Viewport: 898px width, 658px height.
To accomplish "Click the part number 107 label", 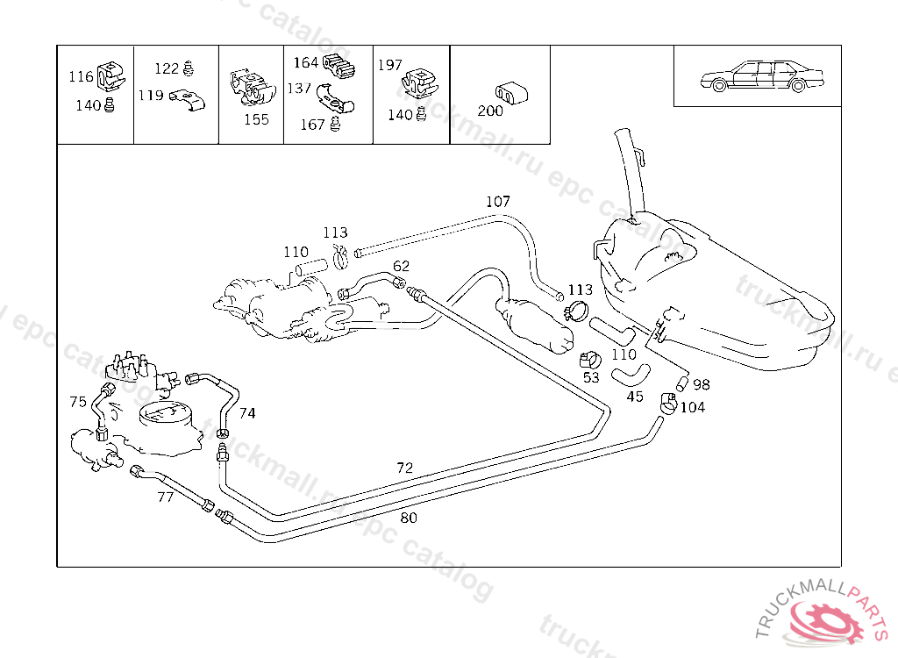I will pos(498,202).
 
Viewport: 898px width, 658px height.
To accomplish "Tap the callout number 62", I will pos(401,266).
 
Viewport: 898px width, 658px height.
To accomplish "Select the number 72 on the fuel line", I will pos(404,468).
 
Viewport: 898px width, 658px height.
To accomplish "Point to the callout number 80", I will pos(409,518).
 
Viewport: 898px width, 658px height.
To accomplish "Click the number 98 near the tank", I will pos(702,384).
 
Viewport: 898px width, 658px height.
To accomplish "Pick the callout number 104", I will pos(692,407).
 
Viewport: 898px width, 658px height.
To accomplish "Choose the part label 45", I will pos(635,397).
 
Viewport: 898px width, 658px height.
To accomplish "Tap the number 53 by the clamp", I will pos(591,377).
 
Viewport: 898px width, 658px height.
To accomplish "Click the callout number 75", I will pos(78,402).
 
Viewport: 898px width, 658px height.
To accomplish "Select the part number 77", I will pos(165,497).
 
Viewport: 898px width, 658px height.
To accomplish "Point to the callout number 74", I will pos(247,412).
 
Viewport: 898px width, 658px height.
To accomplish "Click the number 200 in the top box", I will pos(490,111).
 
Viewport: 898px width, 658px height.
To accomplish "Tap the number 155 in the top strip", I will pos(256,120).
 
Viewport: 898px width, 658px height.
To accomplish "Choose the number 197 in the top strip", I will pos(389,65).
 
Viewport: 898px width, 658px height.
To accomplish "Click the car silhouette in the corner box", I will pos(764,76).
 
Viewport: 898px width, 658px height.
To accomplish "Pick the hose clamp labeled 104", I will pos(668,403).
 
